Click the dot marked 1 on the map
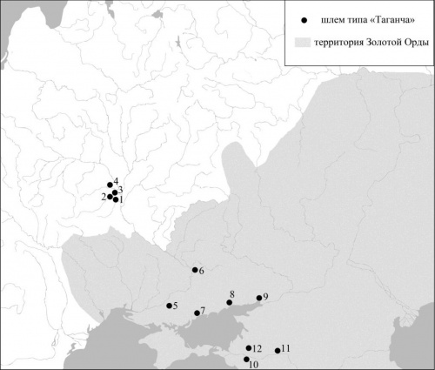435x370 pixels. click(117, 199)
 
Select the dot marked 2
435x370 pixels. click(110, 197)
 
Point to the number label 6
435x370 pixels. click(201, 272)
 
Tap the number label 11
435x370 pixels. click(285, 348)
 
